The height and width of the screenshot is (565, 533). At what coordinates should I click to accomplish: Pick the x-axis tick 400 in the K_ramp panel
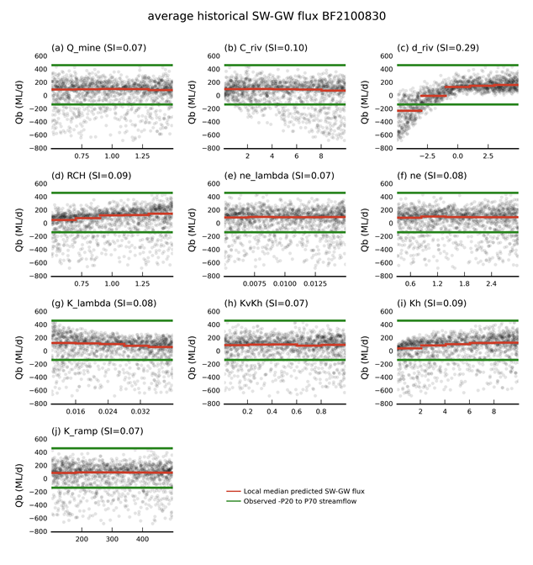coord(142,541)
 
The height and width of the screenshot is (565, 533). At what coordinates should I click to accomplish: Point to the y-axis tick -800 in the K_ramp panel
coord(35,531)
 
